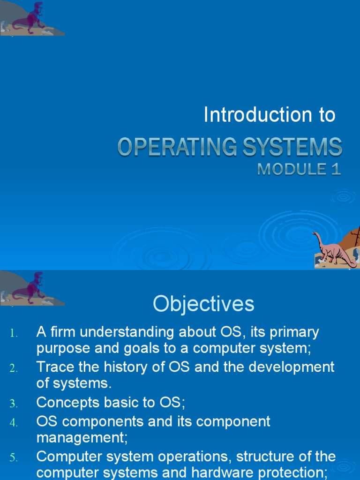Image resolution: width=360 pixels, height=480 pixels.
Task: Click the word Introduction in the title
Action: pos(258,114)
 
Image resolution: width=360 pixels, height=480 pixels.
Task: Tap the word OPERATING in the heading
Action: pos(177,147)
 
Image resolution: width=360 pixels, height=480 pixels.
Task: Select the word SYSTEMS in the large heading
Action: pos(292,147)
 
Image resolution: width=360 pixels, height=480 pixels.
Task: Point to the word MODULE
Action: pos(292,169)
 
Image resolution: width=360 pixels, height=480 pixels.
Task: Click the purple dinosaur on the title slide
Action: pos(30,18)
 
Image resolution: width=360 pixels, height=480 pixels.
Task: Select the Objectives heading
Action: pos(203,304)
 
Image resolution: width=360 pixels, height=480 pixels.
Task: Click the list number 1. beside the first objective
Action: pos(14,333)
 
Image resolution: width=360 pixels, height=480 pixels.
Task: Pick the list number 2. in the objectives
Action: pos(14,368)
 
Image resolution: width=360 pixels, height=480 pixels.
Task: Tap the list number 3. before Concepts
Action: pos(14,404)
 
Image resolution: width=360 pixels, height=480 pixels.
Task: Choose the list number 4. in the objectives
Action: pos(14,423)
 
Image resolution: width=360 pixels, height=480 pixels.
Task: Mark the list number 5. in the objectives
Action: pos(14,457)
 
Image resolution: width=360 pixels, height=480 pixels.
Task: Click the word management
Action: pos(82,438)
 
